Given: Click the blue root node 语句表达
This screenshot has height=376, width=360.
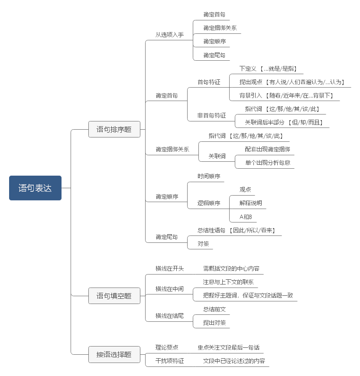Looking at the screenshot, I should click(x=35, y=188).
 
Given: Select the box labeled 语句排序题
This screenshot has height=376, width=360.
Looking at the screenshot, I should click(x=114, y=129).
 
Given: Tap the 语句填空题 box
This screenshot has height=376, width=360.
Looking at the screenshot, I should click(x=114, y=296).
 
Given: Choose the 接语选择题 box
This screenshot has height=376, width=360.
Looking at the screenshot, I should click(x=114, y=354).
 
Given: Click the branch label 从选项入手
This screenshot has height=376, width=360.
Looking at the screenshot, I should click(x=169, y=35).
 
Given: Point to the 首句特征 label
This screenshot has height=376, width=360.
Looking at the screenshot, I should click(x=209, y=82).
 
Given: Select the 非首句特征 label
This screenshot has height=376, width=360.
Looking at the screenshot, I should click(x=211, y=115).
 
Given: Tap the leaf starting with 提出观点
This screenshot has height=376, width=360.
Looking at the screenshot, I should click(x=292, y=82).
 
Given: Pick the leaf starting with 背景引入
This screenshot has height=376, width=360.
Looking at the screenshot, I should click(x=286, y=95).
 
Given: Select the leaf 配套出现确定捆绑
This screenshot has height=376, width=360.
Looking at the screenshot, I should click(x=267, y=149).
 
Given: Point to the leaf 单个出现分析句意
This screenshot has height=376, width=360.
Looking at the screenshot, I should click(x=267, y=163).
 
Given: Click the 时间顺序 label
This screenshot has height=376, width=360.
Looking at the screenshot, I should click(x=209, y=176).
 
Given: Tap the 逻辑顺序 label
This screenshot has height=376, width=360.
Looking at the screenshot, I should click(x=209, y=203).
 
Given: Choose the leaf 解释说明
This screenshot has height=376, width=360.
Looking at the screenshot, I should click(x=251, y=203).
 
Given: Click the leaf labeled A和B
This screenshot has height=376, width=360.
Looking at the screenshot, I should click(x=246, y=216).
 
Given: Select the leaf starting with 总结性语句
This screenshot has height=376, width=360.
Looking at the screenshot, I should click(x=237, y=230).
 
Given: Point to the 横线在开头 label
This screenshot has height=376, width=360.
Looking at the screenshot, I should click(x=169, y=268).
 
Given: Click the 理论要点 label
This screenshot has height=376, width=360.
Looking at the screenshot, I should click(x=167, y=347).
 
